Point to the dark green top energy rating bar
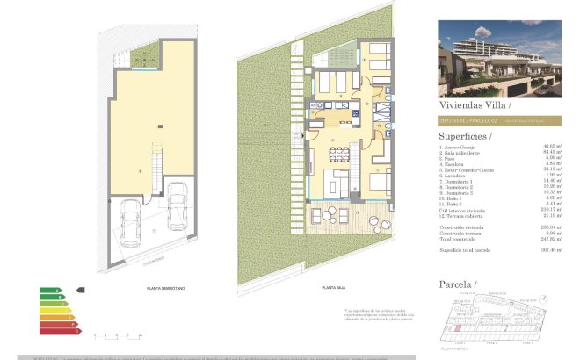pyautogui.click(x=49, y=290)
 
